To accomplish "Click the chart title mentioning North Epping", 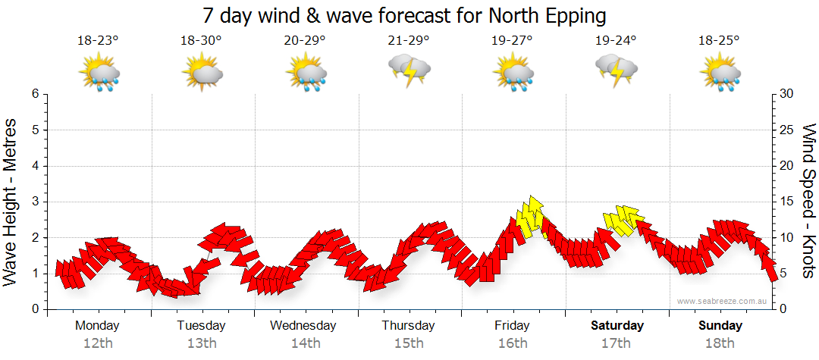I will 405,15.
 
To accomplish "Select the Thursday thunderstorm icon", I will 409,70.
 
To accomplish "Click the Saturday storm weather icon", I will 617,70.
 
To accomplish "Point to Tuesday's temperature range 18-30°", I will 201,41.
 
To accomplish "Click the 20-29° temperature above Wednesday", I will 305,41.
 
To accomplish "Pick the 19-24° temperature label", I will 616,41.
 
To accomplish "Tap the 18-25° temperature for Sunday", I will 720,41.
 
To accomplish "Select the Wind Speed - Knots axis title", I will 808,201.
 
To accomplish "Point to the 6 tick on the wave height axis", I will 35,94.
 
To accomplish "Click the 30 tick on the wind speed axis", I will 788,94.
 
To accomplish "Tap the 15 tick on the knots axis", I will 788,202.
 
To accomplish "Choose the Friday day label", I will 513,326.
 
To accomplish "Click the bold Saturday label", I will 617,326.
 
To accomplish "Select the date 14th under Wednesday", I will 305,343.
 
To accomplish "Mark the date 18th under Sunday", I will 720,343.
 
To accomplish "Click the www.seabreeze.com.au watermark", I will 723,301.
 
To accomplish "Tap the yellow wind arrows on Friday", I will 531,216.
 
